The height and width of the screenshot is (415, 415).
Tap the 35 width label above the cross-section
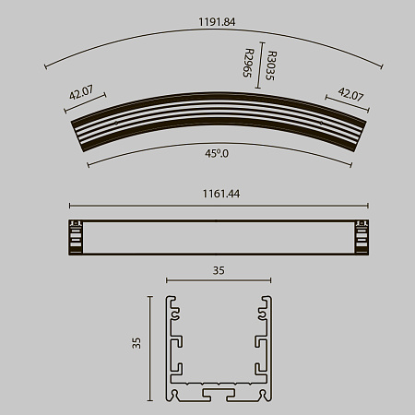tap(219, 271)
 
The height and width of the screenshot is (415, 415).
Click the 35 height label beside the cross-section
tap(136, 342)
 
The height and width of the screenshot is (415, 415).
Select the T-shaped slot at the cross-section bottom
tap(219, 395)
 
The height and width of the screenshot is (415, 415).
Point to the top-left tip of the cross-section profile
tap(168, 299)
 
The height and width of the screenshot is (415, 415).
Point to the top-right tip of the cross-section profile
tap(269, 299)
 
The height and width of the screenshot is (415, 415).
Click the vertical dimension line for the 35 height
tap(149, 349)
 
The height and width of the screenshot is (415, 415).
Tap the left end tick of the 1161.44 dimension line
tap(69, 206)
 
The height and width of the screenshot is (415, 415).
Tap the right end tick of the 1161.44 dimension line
tap(367, 206)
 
